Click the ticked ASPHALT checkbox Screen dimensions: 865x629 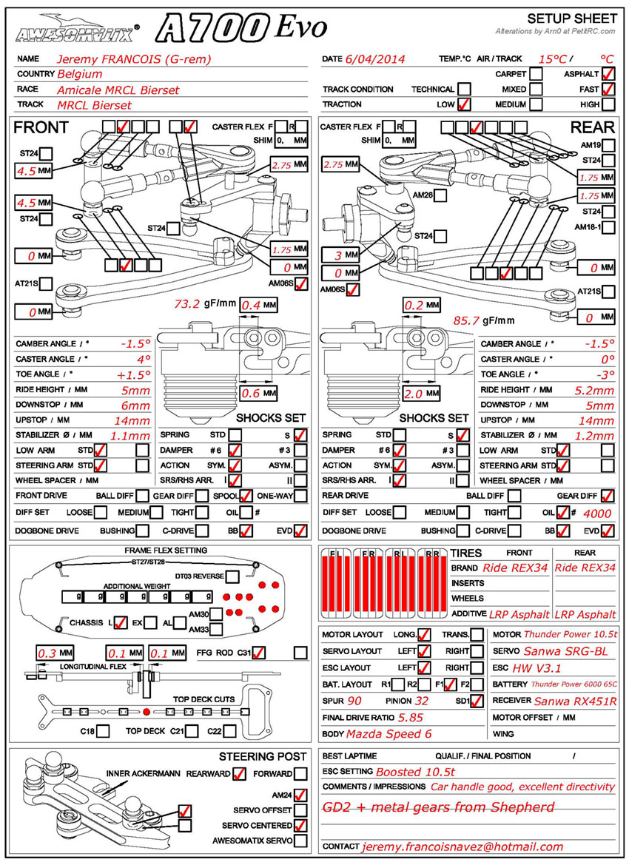click(x=608, y=74)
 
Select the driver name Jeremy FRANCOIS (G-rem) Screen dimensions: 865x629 click(x=134, y=58)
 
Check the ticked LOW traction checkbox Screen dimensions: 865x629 click(x=464, y=104)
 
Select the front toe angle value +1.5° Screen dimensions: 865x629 click(x=133, y=374)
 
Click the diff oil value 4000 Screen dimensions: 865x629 click(x=598, y=513)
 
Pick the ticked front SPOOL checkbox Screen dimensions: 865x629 click(x=246, y=496)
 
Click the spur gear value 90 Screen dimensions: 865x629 click(x=354, y=701)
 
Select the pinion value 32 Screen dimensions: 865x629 click(x=422, y=701)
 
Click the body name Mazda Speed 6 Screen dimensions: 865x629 click(x=389, y=734)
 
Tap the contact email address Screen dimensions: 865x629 click(x=462, y=847)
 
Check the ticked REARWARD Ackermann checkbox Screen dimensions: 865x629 click(x=238, y=774)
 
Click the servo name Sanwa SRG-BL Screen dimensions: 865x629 click(x=565, y=651)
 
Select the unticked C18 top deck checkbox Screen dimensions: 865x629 click(x=104, y=731)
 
